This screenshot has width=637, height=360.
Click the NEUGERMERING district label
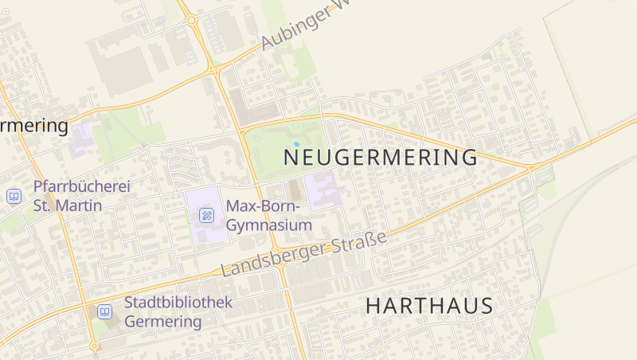pos(381,158)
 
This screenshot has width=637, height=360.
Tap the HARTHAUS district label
pos(429,306)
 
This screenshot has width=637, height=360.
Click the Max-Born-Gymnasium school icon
pos(206,214)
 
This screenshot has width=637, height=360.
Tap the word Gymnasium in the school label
pos(269,225)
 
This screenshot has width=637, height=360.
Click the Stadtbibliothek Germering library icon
pos(104,311)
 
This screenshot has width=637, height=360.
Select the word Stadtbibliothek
pos(178,303)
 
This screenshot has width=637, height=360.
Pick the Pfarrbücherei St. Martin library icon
pos(14,195)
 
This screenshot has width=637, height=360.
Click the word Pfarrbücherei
pos(81,187)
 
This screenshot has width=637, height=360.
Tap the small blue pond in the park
pos(296,144)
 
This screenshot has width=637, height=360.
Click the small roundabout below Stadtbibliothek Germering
pos(94,346)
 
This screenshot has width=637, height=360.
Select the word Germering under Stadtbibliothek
pos(163,322)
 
